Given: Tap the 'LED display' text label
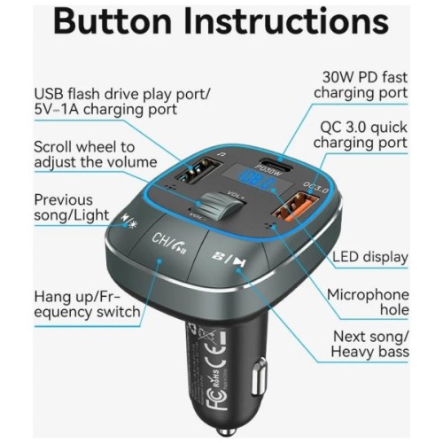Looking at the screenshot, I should point(370,258).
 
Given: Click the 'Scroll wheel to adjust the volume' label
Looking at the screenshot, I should point(84,154).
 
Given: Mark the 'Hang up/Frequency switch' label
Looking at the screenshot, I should point(87,304).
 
